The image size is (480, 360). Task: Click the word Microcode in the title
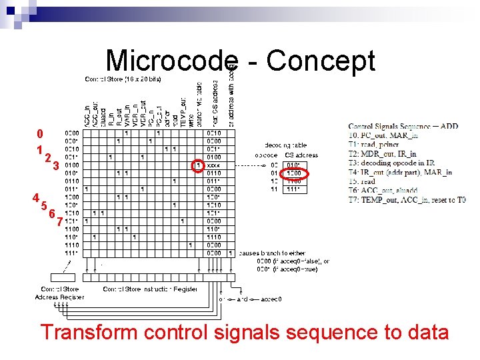[x=171, y=61]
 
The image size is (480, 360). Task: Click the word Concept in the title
[x=321, y=61]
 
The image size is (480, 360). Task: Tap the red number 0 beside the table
[x=40, y=134]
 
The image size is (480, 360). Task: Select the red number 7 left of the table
[x=60, y=221]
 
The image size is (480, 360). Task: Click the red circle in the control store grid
[x=197, y=165]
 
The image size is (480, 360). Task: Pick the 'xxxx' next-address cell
[x=214, y=165]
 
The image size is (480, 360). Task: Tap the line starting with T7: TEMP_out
[x=407, y=199]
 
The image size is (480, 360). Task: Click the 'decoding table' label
[x=286, y=145]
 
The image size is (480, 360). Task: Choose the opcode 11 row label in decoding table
[x=274, y=189]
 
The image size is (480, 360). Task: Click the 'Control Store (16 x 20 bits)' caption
[x=123, y=79]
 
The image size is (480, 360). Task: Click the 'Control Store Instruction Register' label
[x=150, y=289]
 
